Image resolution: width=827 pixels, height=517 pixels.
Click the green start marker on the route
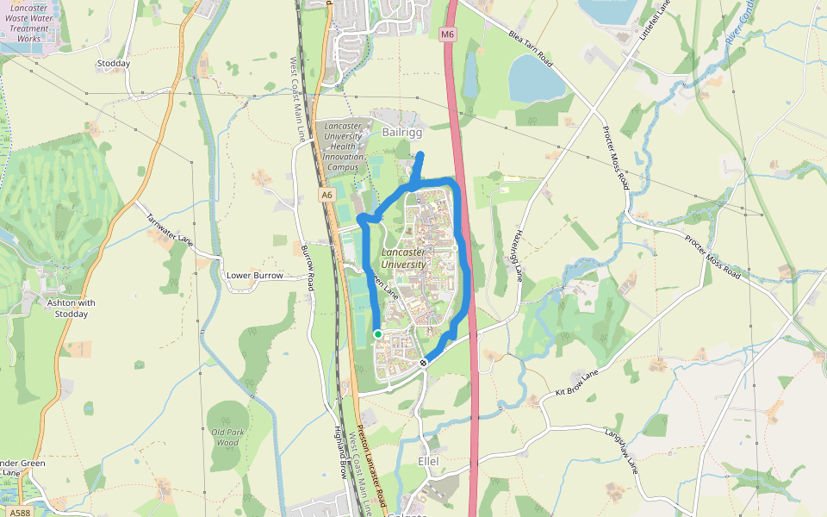click(377, 334)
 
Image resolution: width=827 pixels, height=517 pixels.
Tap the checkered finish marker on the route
click(423, 363)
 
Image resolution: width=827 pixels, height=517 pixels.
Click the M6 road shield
click(446, 34)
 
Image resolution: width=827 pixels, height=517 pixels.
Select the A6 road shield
click(326, 196)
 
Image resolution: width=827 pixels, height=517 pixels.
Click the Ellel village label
click(427, 462)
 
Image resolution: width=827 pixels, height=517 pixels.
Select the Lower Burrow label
click(254, 276)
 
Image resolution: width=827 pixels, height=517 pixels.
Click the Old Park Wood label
click(226, 437)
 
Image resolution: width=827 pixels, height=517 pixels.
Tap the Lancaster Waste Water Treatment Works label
click(29, 23)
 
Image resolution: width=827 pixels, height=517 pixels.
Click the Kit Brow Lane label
click(576, 384)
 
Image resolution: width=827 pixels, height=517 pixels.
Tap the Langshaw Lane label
click(621, 449)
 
